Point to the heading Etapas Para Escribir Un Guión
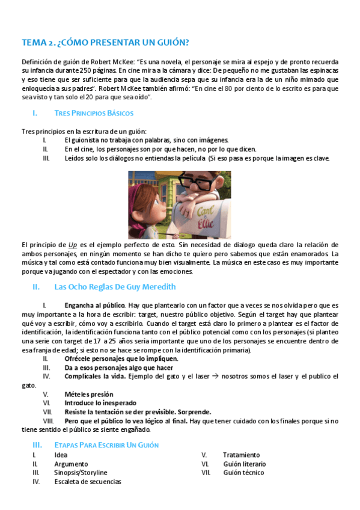(106, 445)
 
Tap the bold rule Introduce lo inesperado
(100, 403)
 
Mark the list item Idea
(61, 455)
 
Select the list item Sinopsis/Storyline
(81, 473)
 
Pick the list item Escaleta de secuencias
(88, 482)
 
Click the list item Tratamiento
(242, 455)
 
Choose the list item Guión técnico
(243, 473)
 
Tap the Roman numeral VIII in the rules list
(49, 421)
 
